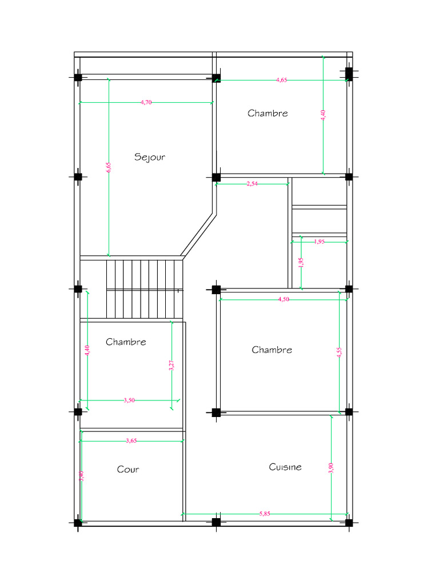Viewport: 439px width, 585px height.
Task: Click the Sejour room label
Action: click(150, 157)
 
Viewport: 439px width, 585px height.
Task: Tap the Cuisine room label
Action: click(285, 467)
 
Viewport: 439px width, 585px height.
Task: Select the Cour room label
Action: click(128, 469)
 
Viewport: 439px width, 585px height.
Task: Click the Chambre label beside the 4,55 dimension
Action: click(272, 350)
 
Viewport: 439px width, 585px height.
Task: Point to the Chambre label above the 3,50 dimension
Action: click(126, 342)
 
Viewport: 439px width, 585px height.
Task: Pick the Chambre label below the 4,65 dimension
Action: click(268, 113)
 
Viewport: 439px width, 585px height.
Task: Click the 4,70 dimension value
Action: click(146, 102)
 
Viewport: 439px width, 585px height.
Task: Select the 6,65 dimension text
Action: click(108, 167)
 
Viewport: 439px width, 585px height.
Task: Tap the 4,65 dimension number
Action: click(281, 80)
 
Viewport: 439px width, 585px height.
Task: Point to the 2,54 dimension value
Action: click(252, 183)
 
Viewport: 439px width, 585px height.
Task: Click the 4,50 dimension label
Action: click(284, 299)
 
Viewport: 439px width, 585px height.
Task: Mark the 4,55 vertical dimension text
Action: click(339, 352)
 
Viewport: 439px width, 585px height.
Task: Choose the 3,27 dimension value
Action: click(171, 365)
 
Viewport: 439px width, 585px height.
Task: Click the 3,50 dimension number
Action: click(129, 400)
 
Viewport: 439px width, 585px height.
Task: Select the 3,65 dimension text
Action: click(131, 440)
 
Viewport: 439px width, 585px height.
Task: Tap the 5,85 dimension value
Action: click(265, 514)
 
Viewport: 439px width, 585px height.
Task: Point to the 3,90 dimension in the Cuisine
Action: click(331, 468)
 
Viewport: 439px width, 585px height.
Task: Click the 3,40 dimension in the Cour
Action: click(81, 476)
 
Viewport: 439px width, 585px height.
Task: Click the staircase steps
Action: click(145, 289)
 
